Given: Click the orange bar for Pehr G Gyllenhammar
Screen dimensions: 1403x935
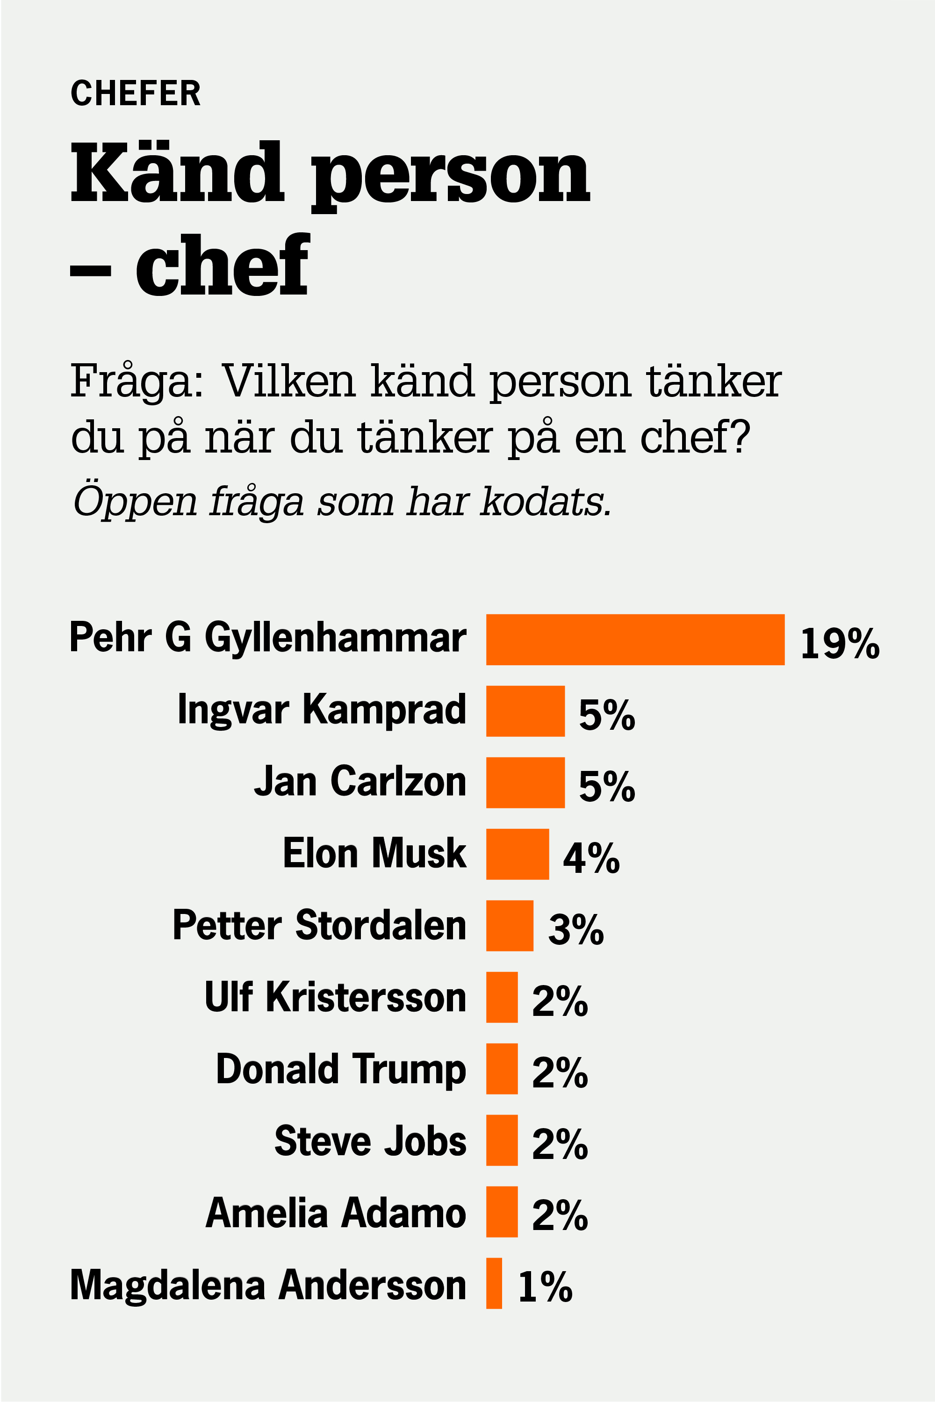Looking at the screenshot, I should [x=635, y=639].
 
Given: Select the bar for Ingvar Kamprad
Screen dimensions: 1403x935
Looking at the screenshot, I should [x=525, y=711].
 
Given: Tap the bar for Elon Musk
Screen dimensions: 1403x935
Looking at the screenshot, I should [x=517, y=854].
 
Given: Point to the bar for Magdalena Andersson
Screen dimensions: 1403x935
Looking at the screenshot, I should [x=494, y=1283].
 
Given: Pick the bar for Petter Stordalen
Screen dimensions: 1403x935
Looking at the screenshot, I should [x=509, y=925].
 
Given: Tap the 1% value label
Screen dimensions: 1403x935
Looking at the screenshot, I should [x=545, y=1287].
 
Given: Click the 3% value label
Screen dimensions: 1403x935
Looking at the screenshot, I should [x=575, y=929].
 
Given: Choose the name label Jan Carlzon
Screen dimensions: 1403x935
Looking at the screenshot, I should [x=360, y=782].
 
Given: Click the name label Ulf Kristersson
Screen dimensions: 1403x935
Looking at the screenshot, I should [x=335, y=996].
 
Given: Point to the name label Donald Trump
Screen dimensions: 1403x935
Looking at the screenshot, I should [x=340, y=1069].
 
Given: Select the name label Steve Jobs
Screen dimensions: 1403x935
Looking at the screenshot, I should [x=370, y=1141].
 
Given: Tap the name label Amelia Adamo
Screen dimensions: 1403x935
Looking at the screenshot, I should [x=335, y=1212].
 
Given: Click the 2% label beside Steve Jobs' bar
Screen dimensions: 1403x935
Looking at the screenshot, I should [x=559, y=1144].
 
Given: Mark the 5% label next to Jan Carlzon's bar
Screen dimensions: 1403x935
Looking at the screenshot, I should [x=606, y=786].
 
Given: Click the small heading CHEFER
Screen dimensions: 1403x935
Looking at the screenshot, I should [x=136, y=94].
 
